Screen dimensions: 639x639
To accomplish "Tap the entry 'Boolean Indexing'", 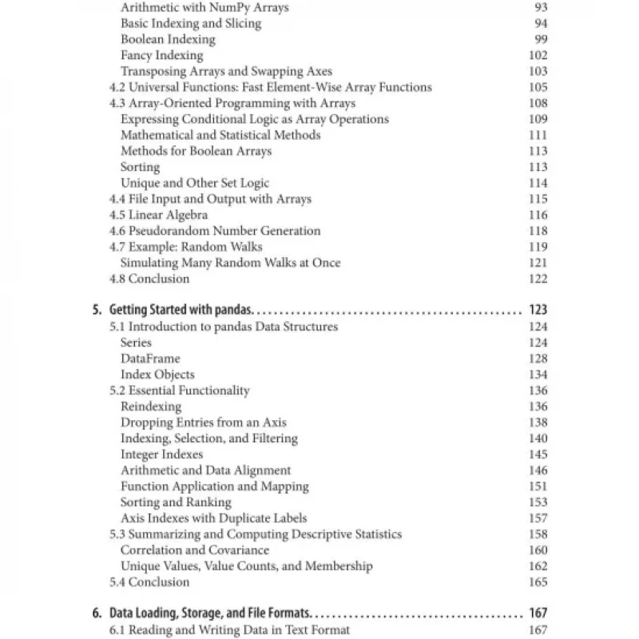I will click(168, 39).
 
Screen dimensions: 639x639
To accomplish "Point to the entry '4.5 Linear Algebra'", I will click(158, 215).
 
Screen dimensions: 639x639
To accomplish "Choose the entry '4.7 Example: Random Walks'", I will click(185, 247).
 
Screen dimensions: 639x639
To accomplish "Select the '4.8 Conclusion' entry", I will click(149, 279).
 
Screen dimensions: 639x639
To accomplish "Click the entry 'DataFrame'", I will click(150, 359).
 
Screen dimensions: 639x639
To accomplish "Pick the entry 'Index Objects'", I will click(157, 375).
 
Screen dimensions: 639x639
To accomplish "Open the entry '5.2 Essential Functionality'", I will click(179, 391).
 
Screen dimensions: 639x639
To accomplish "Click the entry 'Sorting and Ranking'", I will click(176, 502).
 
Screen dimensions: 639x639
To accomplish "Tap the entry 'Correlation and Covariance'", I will click(195, 550).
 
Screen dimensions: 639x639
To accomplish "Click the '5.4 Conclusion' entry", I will click(149, 582).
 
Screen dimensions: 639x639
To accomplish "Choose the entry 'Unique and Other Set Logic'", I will click(195, 183).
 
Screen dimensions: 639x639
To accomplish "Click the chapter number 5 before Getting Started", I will click(96, 310).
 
